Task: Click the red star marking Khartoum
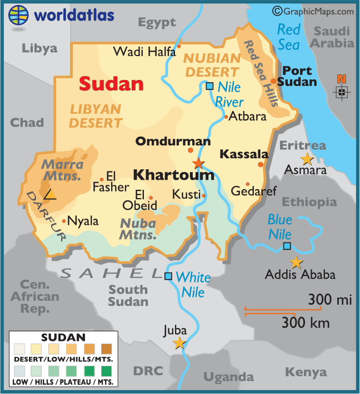[x=198, y=163]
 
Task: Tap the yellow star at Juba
[x=179, y=344]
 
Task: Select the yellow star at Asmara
[x=307, y=160]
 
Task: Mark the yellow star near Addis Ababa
[x=297, y=262]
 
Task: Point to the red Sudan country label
[x=111, y=84]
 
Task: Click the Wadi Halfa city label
[x=144, y=52]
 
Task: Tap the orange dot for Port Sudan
[x=273, y=81]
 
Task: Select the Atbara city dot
[x=226, y=117]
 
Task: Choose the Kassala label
[x=244, y=154]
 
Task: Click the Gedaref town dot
[x=248, y=184]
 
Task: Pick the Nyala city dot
[x=64, y=221]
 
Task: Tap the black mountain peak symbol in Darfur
[x=50, y=194]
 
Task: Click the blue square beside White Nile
[x=168, y=276]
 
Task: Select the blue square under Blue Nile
[x=287, y=246]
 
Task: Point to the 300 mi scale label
[x=330, y=300]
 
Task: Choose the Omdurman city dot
[x=191, y=150]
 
